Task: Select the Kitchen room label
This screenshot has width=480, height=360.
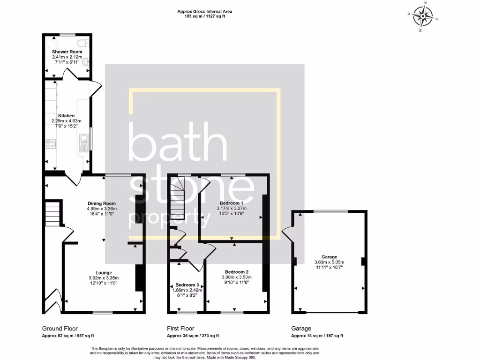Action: click(x=67, y=116)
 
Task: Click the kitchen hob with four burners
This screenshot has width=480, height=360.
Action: click(x=51, y=144)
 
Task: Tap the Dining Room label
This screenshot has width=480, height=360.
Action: click(x=102, y=203)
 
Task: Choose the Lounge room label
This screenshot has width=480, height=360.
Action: click(x=104, y=272)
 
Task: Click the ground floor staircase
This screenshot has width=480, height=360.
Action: click(x=53, y=213)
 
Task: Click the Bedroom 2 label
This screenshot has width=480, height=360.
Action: click(x=237, y=272)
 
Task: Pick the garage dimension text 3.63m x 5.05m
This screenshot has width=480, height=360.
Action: click(x=329, y=262)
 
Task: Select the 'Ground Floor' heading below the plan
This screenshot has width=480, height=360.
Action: click(x=60, y=329)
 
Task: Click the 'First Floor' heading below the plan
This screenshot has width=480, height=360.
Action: click(x=180, y=329)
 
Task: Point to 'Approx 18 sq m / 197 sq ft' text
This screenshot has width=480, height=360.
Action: click(x=317, y=336)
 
